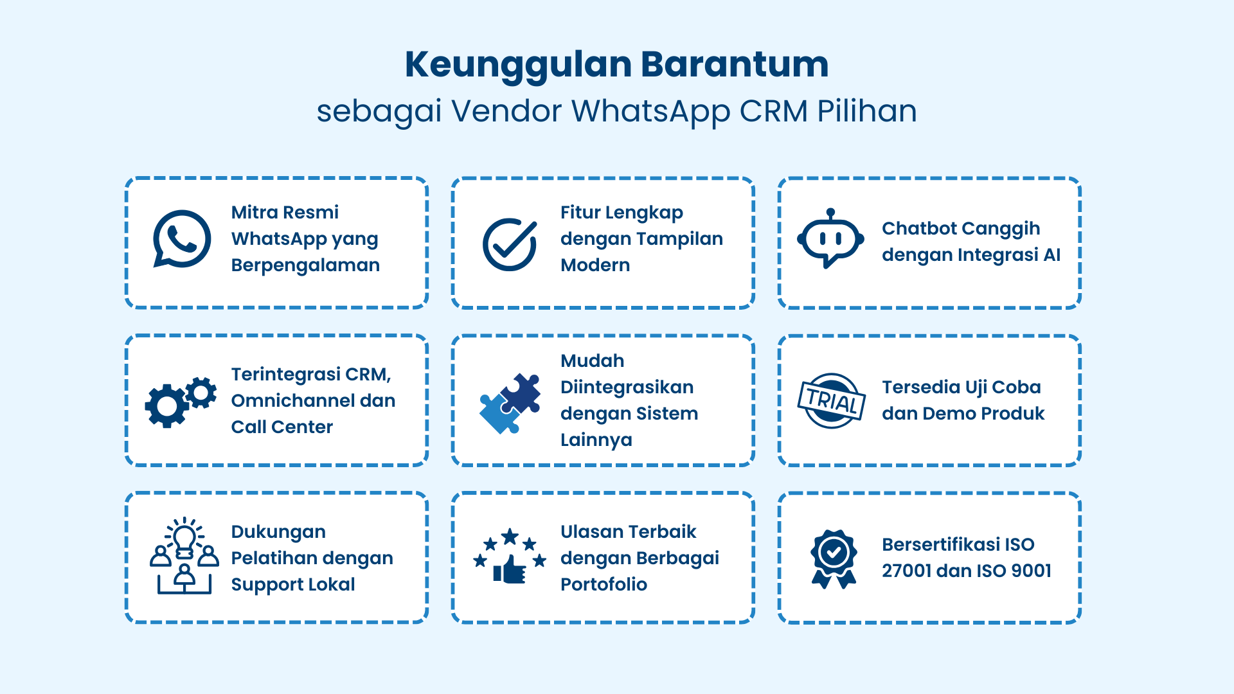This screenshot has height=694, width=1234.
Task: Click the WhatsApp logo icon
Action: coord(182,238)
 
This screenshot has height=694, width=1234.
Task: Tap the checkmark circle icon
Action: coord(510,244)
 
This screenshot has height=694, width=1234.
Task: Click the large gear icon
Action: coord(166,405)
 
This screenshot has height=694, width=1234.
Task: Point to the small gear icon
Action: coord(201,391)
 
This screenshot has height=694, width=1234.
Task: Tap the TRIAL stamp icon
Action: coord(831,401)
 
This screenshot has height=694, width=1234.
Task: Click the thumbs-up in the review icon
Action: coord(510,569)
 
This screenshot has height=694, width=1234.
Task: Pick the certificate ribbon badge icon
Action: coord(834,558)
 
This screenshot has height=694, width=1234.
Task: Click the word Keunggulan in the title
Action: coord(518,65)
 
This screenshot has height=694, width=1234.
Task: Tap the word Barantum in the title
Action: coord(735,65)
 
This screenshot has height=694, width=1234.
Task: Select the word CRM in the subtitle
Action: coord(773,111)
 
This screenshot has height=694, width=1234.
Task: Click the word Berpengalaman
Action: coord(305,265)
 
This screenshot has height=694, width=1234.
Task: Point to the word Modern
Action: coord(595,265)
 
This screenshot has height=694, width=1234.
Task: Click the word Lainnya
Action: coord(596,440)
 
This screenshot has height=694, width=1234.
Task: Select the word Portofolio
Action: coord(604,585)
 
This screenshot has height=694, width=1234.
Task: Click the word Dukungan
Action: coord(278,532)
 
